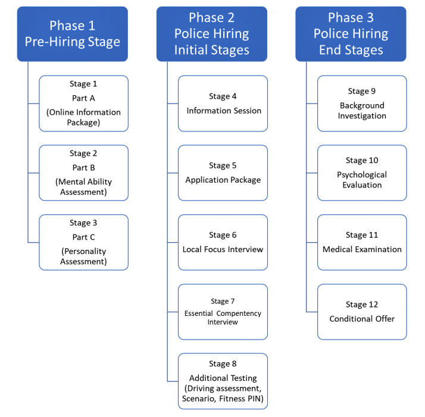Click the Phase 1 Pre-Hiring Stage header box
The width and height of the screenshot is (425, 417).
coord(72,34)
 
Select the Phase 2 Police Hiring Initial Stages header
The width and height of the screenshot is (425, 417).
coord(211,34)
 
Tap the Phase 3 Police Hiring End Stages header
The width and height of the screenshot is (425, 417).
coord(351,34)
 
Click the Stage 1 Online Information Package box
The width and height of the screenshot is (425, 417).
coord(83,104)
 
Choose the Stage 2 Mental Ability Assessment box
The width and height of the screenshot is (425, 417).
coord(83,173)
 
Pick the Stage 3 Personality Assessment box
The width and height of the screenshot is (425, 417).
coord(83,242)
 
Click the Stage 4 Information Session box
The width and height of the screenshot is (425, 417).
coord(223,104)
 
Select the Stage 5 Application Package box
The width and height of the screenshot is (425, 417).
coord(223,173)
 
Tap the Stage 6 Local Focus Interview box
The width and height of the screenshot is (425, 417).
coord(223,242)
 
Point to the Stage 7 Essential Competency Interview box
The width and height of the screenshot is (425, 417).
coord(223,312)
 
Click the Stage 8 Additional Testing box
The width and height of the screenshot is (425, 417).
coord(223,381)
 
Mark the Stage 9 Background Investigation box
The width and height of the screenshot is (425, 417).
coord(362,104)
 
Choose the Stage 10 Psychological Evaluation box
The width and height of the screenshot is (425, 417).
coord(362,173)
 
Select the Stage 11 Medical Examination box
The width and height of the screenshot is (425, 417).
coord(362,242)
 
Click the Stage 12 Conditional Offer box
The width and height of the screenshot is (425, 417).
coord(362,312)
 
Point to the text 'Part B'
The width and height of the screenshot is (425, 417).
coord(83,168)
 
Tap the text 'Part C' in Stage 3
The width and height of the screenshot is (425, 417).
coord(83,237)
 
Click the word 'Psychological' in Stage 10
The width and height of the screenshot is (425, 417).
coord(362,175)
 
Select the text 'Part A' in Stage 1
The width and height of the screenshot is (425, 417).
coord(83,98)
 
